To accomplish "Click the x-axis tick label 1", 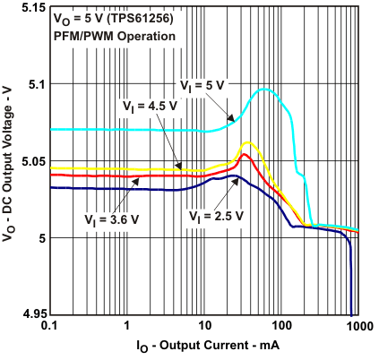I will point(127,327).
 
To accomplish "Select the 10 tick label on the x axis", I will point(204,327).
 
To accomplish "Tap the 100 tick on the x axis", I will point(281,327).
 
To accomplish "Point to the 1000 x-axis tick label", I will point(357,327).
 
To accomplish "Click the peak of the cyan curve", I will point(265,89).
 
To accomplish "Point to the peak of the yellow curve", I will point(245,142).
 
